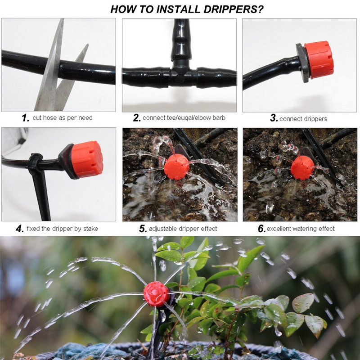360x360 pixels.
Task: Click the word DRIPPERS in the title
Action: tap(234, 9)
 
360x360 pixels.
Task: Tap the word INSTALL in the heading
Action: tap(178, 9)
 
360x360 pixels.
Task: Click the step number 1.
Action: tap(26, 118)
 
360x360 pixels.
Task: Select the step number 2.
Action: tap(137, 118)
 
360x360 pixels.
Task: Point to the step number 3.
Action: tap(274, 118)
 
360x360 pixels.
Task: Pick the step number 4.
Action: tap(20, 229)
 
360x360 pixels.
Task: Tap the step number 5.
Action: tap(143, 229)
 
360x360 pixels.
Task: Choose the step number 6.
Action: tap(262, 229)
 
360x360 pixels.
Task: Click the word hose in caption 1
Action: tap(50, 118)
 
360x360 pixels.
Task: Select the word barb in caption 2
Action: tap(219, 118)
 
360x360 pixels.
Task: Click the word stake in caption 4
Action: tap(90, 229)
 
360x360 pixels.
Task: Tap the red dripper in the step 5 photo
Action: tap(176, 166)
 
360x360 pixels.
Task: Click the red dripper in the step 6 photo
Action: tap(302, 167)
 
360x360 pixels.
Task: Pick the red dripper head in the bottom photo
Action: tap(157, 294)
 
